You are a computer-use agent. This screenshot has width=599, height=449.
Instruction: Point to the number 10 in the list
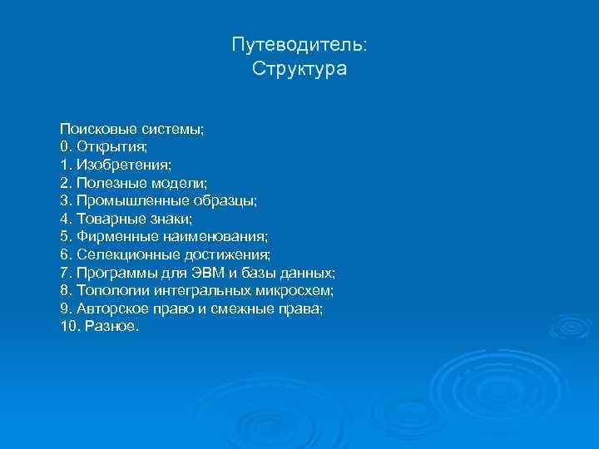[67, 327]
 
